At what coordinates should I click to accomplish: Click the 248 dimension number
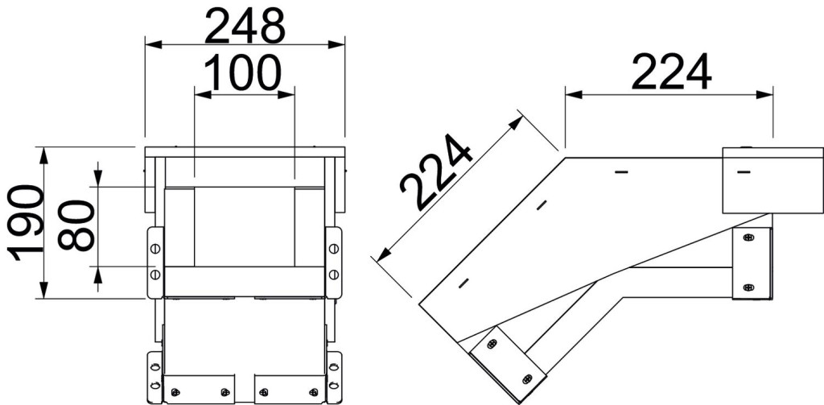coord(245,27)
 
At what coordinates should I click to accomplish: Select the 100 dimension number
coord(243,72)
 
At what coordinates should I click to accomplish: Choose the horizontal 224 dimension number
coord(671,72)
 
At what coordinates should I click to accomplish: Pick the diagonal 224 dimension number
coord(435,172)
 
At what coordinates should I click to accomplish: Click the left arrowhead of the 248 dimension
coord(154,45)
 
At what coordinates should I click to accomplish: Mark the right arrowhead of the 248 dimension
coord(336,45)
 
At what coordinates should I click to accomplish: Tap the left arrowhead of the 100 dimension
coord(203,95)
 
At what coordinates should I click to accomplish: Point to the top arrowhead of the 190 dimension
coord(44,156)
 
